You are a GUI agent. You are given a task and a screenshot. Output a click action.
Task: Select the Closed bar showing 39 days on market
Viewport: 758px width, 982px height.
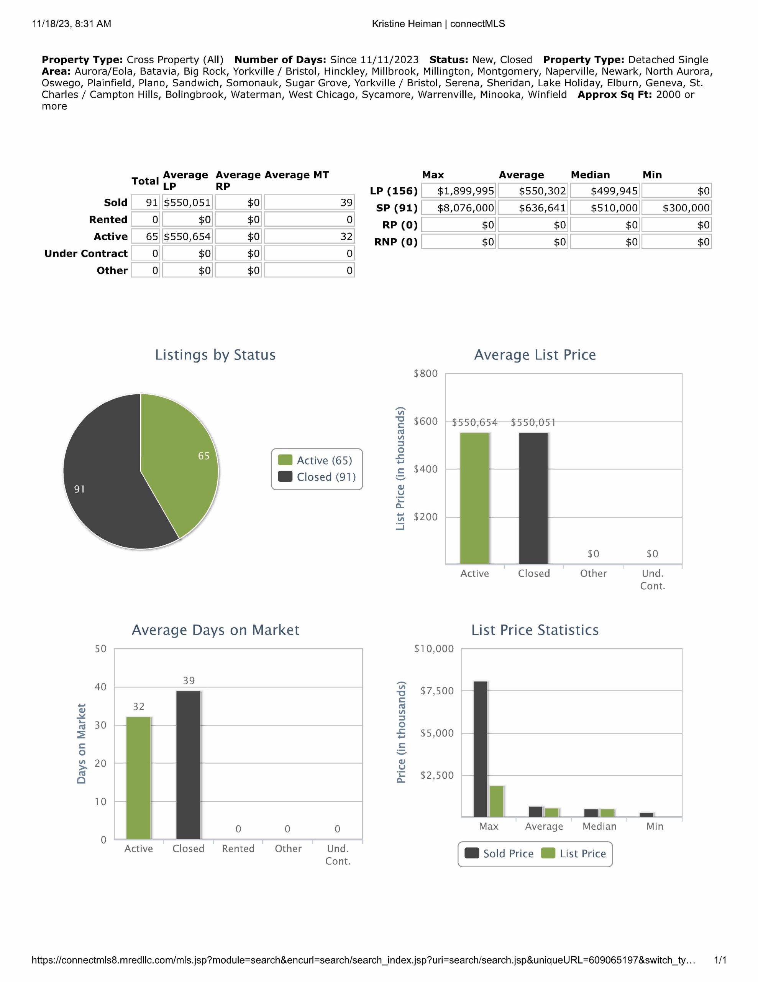(188, 765)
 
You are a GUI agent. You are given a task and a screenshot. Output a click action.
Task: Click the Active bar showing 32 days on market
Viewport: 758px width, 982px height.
(138, 778)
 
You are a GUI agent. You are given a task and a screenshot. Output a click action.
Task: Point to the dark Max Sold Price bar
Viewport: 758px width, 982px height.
(480, 749)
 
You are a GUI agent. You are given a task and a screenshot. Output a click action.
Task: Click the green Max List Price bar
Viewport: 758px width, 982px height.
(497, 801)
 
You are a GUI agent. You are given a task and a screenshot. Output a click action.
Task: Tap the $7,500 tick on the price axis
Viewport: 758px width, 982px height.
(437, 690)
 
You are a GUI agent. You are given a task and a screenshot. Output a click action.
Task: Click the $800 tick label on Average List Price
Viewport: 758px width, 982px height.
(425, 374)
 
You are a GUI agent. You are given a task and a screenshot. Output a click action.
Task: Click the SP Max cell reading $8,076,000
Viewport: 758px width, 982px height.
(458, 208)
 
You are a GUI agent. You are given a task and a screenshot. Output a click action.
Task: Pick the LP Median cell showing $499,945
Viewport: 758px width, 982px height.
(604, 191)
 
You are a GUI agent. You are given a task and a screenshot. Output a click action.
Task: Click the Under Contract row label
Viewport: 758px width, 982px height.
(86, 254)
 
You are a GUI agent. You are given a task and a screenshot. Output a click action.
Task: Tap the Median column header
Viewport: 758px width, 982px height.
(590, 175)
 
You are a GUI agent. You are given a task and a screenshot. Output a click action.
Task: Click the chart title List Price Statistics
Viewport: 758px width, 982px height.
(535, 630)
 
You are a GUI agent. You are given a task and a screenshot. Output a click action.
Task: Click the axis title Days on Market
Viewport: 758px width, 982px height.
(81, 744)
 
